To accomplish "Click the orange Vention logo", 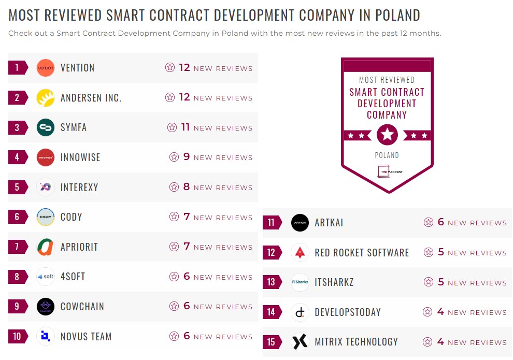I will [x=46, y=68].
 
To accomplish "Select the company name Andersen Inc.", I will [x=91, y=98].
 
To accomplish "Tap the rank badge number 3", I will [x=17, y=127].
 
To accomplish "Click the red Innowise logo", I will [x=46, y=157].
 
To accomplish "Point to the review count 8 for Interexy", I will [x=187, y=187].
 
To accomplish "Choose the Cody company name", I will [x=71, y=217].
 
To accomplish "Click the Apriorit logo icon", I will [x=46, y=247].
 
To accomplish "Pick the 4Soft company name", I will [x=73, y=277].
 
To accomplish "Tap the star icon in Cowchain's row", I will [x=174, y=307].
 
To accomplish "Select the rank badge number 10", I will [x=17, y=337].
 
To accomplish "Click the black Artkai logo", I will [x=300, y=223].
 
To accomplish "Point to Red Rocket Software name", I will [x=362, y=253].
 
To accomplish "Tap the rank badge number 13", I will [x=271, y=282].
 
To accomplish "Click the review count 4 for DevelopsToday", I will [x=440, y=312].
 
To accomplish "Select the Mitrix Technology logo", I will [x=300, y=342].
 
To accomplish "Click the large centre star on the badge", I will [x=387, y=135].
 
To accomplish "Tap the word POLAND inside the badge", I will [x=387, y=155].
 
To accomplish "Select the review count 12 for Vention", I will [x=184, y=67].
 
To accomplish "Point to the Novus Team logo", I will [x=46, y=337].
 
